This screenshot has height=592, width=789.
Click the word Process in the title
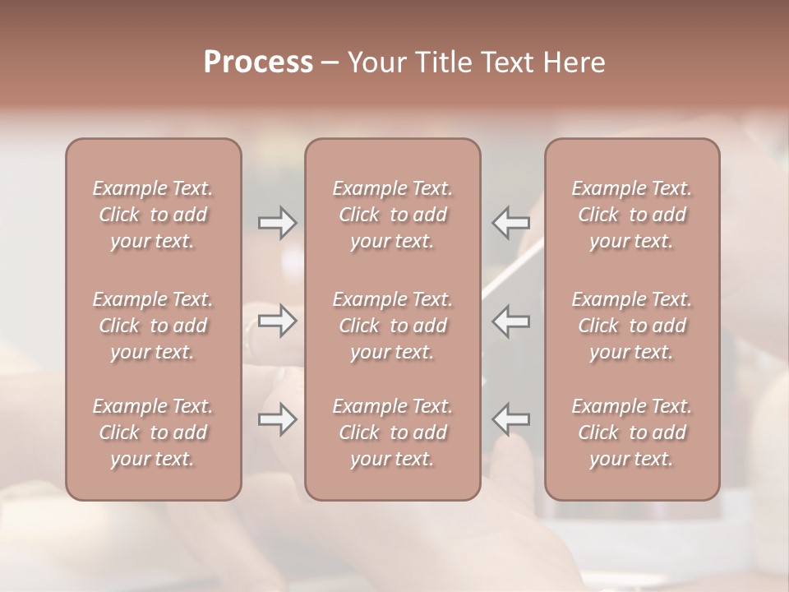coord(258,62)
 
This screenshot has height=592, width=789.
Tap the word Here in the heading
coord(574,62)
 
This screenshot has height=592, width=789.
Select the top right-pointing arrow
coord(278,222)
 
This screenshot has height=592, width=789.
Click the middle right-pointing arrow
coord(278,321)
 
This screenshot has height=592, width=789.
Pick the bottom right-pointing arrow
coord(278,420)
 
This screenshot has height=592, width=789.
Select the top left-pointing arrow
coord(511,222)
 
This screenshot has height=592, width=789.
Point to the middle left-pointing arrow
coord(511,321)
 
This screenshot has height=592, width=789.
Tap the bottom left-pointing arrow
coord(511,420)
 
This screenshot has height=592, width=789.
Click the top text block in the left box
coord(153,215)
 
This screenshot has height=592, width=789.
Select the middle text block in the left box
coord(153,326)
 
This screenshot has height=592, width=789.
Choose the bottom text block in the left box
coord(153,432)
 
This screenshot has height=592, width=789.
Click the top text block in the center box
coord(393,215)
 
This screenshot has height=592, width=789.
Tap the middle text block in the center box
coord(393,326)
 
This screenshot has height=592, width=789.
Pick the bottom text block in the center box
coord(393,432)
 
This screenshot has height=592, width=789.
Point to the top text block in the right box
coord(632,215)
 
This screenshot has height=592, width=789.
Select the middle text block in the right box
coord(632,326)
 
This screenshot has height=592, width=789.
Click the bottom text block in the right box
coord(632,432)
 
